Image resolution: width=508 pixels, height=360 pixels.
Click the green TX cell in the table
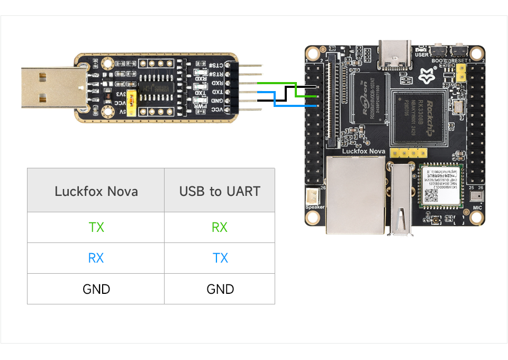(96, 228)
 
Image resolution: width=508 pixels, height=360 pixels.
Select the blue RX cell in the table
(96, 258)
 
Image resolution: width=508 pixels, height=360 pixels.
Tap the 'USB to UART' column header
(220, 191)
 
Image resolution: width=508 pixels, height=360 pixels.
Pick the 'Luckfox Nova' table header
(96, 191)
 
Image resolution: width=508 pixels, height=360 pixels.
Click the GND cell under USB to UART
(220, 289)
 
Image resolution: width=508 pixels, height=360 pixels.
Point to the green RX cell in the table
(220, 228)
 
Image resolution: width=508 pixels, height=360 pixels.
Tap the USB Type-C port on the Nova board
(395, 56)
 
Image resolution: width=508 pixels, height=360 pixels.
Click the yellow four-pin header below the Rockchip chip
(408, 153)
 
